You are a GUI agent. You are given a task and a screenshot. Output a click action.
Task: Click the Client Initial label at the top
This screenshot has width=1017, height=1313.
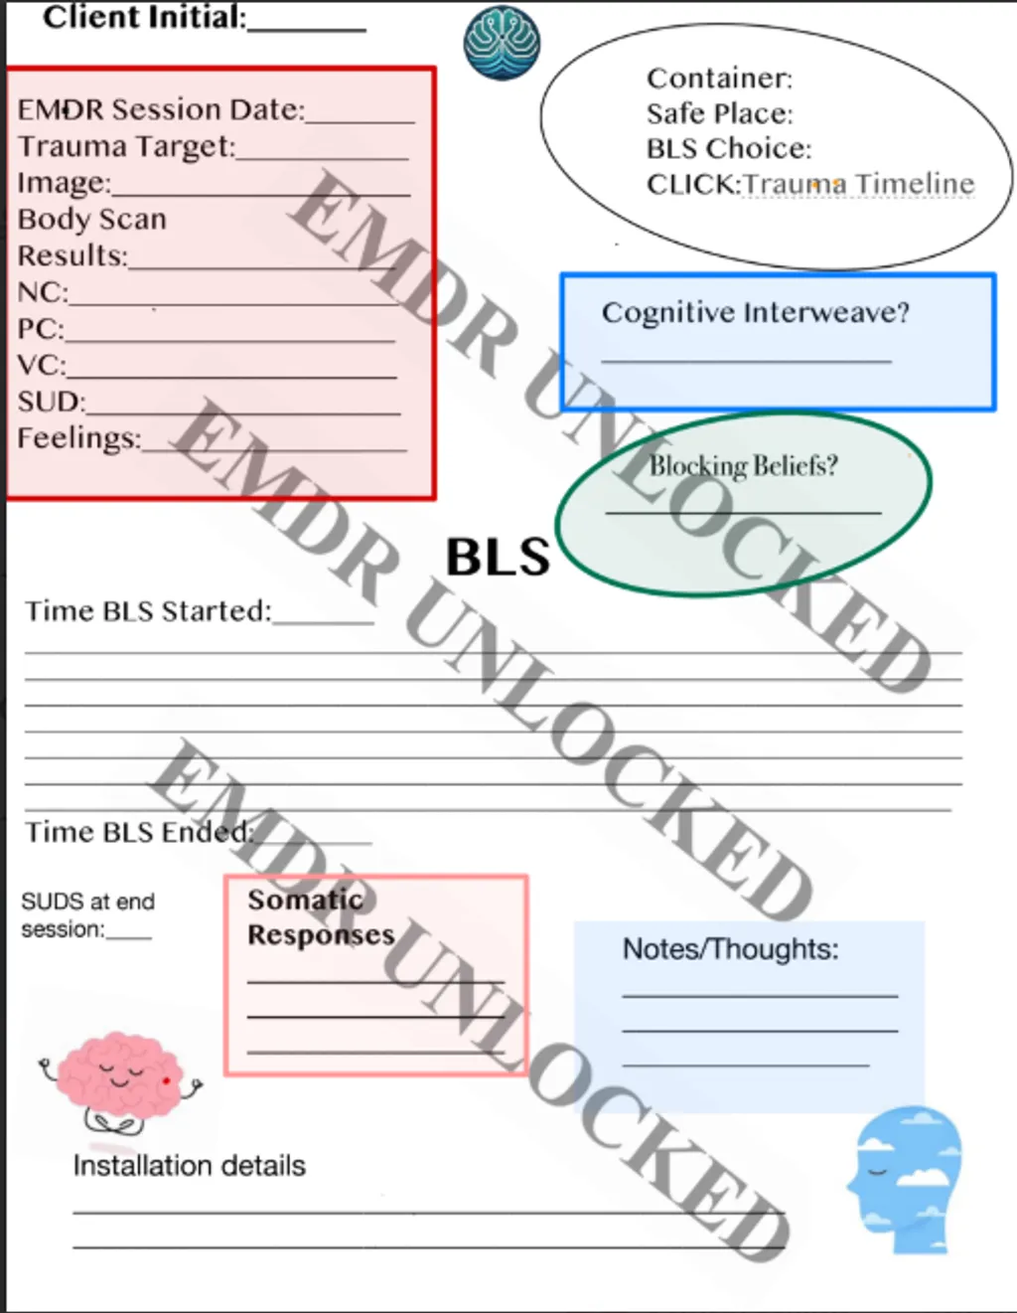click(144, 17)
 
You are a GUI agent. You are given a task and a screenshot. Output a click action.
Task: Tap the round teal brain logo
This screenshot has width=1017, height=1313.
click(502, 43)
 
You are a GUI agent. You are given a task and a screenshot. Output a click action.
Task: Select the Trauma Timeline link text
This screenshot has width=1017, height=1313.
click(859, 184)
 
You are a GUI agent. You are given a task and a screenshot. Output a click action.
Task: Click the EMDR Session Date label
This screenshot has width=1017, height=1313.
click(161, 109)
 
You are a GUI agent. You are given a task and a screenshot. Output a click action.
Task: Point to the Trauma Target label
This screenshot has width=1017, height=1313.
click(127, 146)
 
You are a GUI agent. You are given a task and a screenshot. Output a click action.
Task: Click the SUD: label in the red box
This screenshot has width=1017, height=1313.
click(52, 402)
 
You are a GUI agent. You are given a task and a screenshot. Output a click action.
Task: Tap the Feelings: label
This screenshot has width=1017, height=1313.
click(79, 438)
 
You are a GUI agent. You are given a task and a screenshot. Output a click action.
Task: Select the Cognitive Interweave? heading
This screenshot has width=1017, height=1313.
click(755, 312)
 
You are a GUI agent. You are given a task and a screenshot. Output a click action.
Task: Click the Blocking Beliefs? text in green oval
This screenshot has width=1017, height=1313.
click(743, 465)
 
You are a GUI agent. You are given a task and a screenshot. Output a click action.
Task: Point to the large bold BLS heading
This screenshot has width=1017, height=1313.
click(498, 557)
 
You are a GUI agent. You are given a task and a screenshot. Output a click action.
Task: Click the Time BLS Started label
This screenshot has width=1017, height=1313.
click(148, 610)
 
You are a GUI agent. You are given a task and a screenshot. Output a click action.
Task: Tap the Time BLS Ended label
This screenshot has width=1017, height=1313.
click(139, 831)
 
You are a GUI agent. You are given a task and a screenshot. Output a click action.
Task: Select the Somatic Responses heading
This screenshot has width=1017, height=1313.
click(320, 916)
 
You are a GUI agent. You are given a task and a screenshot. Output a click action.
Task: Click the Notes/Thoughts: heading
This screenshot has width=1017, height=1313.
click(730, 949)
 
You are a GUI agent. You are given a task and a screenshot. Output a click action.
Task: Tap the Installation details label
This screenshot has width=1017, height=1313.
click(189, 1165)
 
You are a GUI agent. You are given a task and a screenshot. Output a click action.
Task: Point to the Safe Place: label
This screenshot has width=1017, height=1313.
click(719, 113)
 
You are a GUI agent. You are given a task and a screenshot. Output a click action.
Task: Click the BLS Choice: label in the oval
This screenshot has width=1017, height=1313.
click(728, 148)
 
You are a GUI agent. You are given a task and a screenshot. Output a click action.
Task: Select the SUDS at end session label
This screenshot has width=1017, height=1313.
click(87, 914)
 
